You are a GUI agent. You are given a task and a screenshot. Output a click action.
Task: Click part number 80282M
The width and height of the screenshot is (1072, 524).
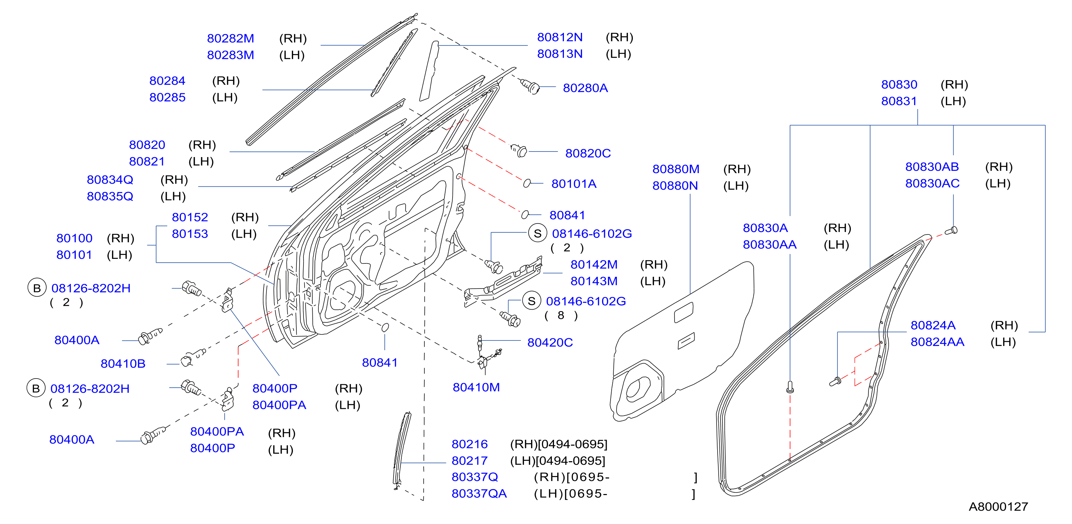click(230, 38)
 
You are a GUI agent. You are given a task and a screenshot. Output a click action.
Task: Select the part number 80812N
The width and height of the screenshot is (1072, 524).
click(560, 37)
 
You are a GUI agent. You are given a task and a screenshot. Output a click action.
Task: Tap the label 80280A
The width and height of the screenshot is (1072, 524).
click(585, 88)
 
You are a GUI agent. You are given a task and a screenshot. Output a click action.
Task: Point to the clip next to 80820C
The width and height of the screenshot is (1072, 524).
click(519, 150)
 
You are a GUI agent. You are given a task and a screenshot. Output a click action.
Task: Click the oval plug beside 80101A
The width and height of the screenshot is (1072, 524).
click(527, 183)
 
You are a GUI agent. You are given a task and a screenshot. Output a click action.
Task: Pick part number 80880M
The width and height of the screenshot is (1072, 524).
click(676, 169)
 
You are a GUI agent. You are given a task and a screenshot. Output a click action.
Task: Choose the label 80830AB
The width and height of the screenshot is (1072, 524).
click(932, 166)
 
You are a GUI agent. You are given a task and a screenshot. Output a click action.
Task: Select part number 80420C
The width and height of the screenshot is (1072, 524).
click(550, 342)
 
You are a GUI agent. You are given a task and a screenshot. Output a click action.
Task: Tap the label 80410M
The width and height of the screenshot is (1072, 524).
click(476, 387)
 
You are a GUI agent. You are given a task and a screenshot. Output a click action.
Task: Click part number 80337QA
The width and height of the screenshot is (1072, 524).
click(479, 493)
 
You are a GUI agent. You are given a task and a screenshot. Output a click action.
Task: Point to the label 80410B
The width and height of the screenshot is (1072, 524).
click(123, 363)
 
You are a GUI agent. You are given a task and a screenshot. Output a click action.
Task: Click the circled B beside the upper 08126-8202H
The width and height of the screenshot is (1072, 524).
click(37, 288)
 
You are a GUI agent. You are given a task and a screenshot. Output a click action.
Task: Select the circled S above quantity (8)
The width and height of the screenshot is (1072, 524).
click(531, 301)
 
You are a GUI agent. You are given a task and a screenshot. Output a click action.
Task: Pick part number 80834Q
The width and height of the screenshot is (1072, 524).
click(110, 179)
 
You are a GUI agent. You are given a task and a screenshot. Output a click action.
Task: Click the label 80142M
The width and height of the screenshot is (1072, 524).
click(594, 264)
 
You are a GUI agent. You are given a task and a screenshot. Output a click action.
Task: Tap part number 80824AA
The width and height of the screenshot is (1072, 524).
click(937, 342)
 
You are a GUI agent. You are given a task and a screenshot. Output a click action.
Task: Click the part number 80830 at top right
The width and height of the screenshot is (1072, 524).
click(899, 84)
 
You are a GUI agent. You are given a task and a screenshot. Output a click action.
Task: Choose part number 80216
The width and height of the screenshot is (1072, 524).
click(470, 444)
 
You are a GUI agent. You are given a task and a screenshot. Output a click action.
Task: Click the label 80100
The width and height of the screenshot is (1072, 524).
click(74, 238)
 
